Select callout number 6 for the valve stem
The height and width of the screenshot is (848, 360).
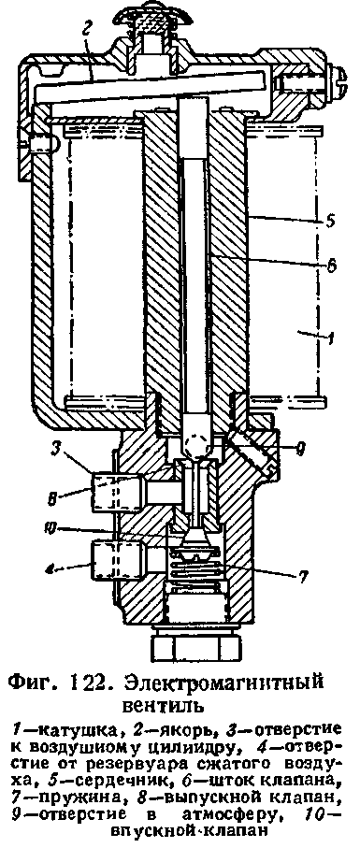pyautogui.click(x=331, y=266)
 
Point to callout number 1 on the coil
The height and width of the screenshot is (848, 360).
pyautogui.click(x=331, y=340)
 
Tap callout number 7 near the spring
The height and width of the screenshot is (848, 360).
pyautogui.click(x=303, y=578)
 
